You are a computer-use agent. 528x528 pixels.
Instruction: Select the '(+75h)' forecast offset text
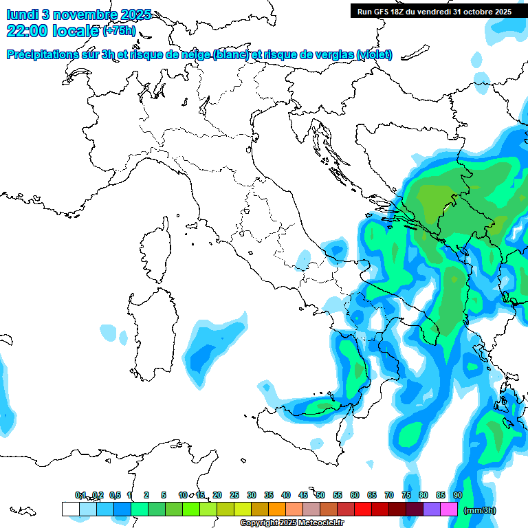pos(119,31)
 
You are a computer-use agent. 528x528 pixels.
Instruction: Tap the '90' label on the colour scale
pos(457,495)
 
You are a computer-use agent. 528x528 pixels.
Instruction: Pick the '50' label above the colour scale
pos(320,495)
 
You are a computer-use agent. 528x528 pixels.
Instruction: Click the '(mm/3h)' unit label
pos(480,510)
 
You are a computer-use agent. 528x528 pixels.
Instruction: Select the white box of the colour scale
pos(70,509)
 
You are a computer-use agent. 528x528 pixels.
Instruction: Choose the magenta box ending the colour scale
pos(449,509)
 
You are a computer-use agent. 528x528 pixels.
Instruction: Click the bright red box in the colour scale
pos(363,509)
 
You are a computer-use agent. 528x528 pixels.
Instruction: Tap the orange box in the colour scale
pos(277,509)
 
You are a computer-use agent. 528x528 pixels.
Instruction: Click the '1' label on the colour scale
pos(129,495)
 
